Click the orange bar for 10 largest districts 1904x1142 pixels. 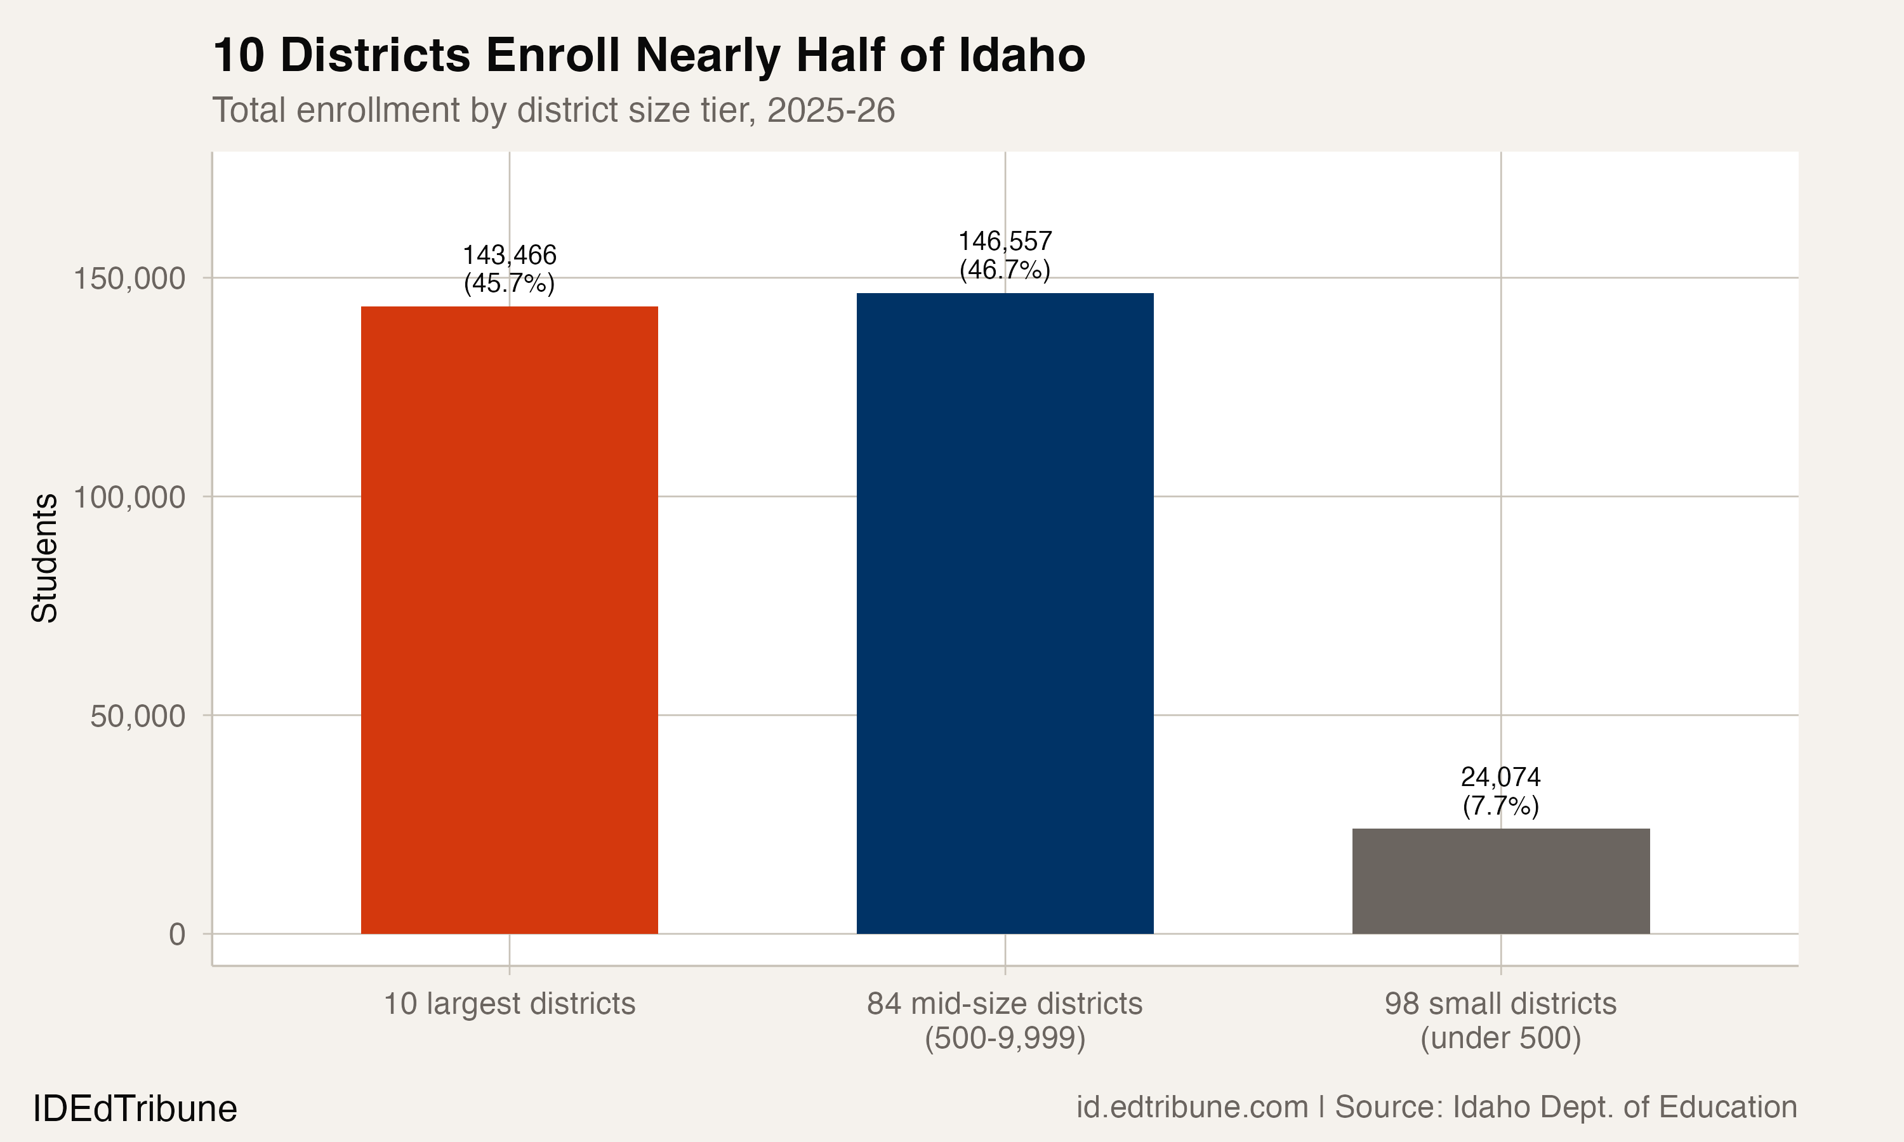pos(509,619)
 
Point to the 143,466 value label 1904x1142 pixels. pos(509,254)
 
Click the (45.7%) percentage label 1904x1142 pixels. pos(509,283)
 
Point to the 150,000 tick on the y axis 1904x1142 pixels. pos(129,279)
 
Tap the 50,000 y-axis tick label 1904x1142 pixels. pos(137,716)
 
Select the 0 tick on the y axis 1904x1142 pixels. pos(176,935)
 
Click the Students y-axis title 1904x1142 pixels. pos(44,557)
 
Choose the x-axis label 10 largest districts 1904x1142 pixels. pos(509,1004)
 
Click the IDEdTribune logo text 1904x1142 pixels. pos(135,1109)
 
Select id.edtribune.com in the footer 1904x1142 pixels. pos(1191,1106)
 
